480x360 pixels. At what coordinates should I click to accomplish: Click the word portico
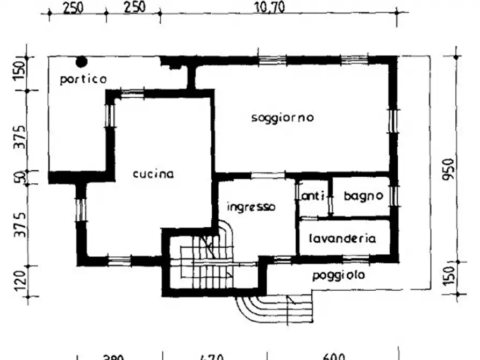pyautogui.click(x=83, y=79)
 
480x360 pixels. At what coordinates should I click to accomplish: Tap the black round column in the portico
pyautogui.click(x=81, y=62)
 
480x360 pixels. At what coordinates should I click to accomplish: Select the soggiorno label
pyautogui.click(x=282, y=118)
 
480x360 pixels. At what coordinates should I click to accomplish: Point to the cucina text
pyautogui.click(x=153, y=174)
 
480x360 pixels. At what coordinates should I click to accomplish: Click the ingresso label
pyautogui.click(x=251, y=207)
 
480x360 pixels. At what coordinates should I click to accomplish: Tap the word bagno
pyautogui.click(x=363, y=196)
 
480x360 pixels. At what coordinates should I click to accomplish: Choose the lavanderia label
pyautogui.click(x=342, y=239)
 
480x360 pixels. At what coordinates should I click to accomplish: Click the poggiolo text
pyautogui.click(x=339, y=275)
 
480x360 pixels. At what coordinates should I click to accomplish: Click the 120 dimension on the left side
pyautogui.click(x=19, y=280)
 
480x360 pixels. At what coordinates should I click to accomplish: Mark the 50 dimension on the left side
pyautogui.click(x=19, y=177)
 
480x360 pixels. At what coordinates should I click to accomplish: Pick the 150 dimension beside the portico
pyautogui.click(x=19, y=71)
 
